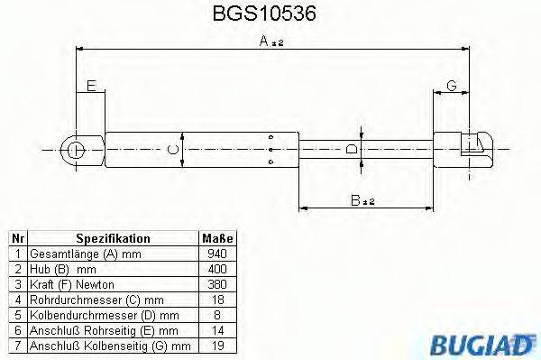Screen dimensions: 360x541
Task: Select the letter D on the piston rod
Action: pos(353,150)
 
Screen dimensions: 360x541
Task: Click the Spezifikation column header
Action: pos(112,239)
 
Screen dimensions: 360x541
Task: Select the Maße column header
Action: pos(216,239)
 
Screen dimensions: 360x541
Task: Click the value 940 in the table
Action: pos(216,254)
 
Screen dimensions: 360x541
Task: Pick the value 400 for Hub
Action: pos(216,269)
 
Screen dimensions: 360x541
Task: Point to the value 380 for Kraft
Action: pos(216,284)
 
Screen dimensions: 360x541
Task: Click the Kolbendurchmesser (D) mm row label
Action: pos(103,315)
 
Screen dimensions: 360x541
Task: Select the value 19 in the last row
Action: pos(216,346)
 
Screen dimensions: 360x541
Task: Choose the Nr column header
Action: pos(18,239)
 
